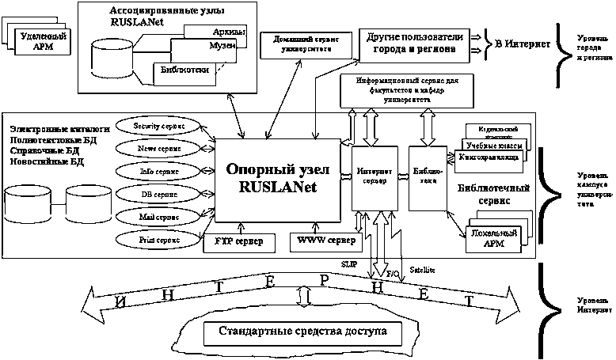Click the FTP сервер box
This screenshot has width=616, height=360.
pyautogui.click(x=239, y=241)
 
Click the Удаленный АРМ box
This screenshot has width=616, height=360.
pyautogui.click(x=45, y=41)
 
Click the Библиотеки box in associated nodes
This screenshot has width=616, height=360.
pyautogui.click(x=188, y=71)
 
